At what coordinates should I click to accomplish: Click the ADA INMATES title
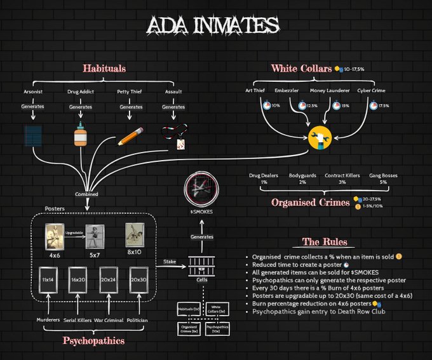tap(212, 25)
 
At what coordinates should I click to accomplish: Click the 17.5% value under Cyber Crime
tap(384, 106)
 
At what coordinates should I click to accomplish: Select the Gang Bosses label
tap(382, 175)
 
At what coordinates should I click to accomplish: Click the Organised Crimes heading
tap(310, 203)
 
